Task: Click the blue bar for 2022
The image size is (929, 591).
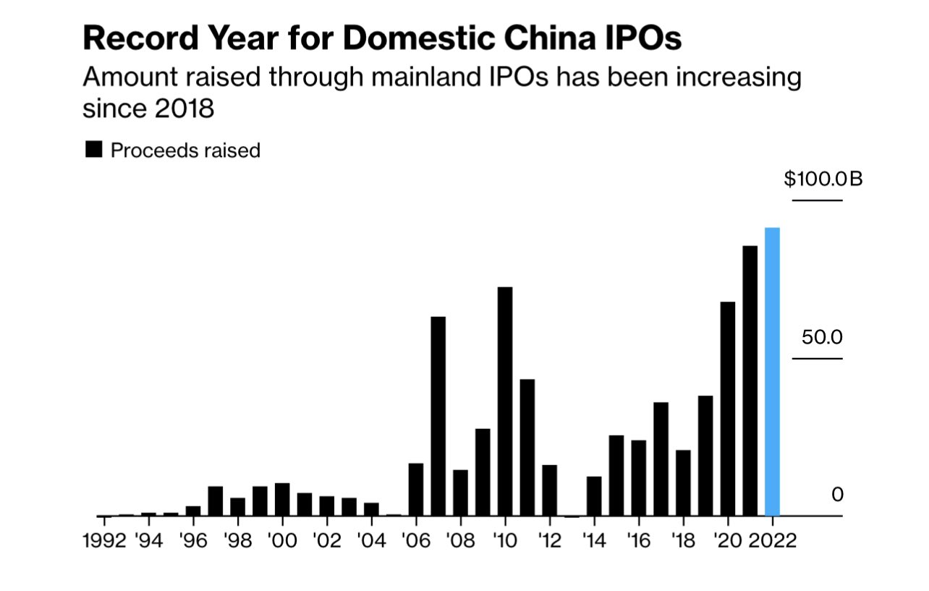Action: [x=772, y=372]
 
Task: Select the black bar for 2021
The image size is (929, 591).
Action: [x=750, y=380]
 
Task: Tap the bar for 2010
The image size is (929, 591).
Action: [x=505, y=401]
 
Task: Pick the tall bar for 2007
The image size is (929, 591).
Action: [x=438, y=416]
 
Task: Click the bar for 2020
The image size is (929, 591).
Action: [x=728, y=409]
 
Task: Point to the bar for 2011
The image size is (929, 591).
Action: [x=527, y=447]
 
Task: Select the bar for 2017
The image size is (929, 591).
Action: [x=661, y=459]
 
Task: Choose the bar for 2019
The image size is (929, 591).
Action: [x=705, y=456]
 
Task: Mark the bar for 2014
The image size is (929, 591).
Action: [x=594, y=496]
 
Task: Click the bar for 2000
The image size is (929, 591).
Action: [x=282, y=499]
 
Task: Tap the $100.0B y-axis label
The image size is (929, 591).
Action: [x=823, y=179]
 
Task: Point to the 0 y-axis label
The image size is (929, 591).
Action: [x=837, y=495]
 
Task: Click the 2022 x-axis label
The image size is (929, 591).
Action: [x=772, y=541]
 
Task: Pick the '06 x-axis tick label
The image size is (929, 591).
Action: [x=415, y=541]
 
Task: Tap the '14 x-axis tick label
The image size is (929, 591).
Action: [x=594, y=541]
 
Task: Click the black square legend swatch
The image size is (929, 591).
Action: [x=93, y=150]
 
